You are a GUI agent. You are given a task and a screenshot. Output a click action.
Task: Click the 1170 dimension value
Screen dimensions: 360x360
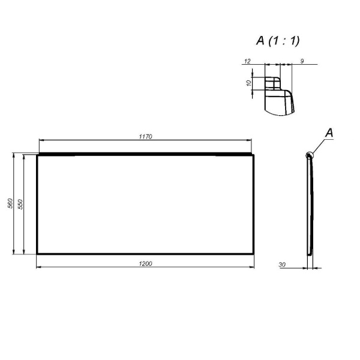tap(146, 137)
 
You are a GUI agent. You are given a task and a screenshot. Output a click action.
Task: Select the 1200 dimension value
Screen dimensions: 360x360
tap(145, 263)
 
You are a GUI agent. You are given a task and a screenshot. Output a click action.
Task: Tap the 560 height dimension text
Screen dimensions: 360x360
tap(10, 204)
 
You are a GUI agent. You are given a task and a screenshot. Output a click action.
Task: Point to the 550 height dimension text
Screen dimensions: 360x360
tap(21, 204)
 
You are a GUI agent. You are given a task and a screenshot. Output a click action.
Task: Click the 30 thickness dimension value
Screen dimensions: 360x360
tap(282, 263)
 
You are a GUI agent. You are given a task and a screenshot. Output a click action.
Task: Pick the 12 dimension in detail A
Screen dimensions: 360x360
tap(247, 61)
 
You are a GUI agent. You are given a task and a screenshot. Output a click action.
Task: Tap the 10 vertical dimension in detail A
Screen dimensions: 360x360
tap(249, 83)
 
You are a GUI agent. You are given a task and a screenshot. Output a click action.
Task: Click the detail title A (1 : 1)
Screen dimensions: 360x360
tap(278, 41)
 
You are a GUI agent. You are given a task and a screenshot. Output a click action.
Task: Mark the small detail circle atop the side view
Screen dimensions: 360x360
tap(310, 155)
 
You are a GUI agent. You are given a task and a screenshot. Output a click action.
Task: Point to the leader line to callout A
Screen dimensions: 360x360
tap(319, 145)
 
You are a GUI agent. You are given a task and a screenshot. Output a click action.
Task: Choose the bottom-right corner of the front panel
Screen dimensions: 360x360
tap(254, 254)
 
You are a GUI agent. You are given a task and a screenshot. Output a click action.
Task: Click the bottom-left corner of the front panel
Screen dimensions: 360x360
tap(37, 254)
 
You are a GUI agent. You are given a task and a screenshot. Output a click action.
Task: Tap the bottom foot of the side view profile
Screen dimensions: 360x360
tap(310, 251)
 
